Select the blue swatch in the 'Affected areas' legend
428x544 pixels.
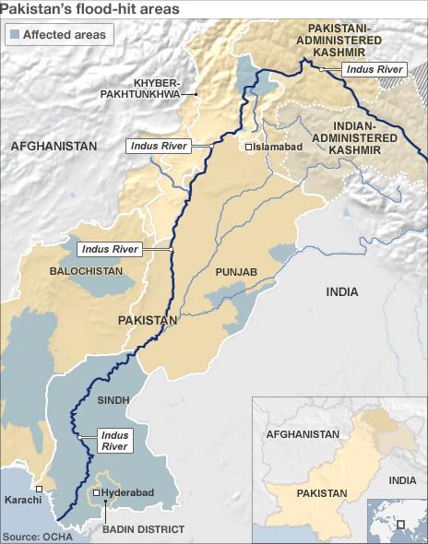click(x=13, y=35)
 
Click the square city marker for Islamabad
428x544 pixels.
click(x=248, y=147)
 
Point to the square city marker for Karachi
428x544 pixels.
click(x=39, y=489)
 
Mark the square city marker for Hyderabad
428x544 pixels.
click(x=99, y=493)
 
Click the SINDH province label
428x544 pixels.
click(x=113, y=402)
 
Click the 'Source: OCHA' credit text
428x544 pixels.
click(x=35, y=536)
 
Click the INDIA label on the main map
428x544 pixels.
click(x=341, y=291)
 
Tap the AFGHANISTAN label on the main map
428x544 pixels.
click(x=53, y=146)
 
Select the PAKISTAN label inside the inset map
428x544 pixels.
click(x=322, y=493)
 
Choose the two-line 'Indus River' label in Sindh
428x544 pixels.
click(x=114, y=440)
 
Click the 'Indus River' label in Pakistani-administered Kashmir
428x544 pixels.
click(x=373, y=69)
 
